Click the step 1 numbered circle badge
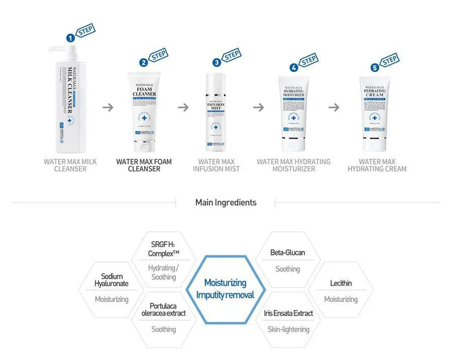pyautogui.click(x=71, y=38)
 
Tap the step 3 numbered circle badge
pyautogui.click(x=216, y=63)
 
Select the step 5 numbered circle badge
pyautogui.click(x=375, y=67)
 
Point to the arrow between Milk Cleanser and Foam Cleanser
pyautogui.click(x=108, y=107)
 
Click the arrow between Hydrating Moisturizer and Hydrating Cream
pyautogui.click(x=334, y=107)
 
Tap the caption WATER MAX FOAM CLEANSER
pyautogui.click(x=144, y=165)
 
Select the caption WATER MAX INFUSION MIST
pyautogui.click(x=216, y=165)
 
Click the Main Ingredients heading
pyautogui.click(x=225, y=202)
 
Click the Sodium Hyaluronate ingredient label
pyautogui.click(x=112, y=280)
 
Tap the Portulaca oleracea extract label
pyautogui.click(x=164, y=309)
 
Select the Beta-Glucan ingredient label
pyautogui.click(x=288, y=253)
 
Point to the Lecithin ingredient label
pyautogui.click(x=341, y=283)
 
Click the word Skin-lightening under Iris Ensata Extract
pyautogui.click(x=288, y=329)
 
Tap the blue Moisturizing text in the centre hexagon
pyautogui.click(x=225, y=282)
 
